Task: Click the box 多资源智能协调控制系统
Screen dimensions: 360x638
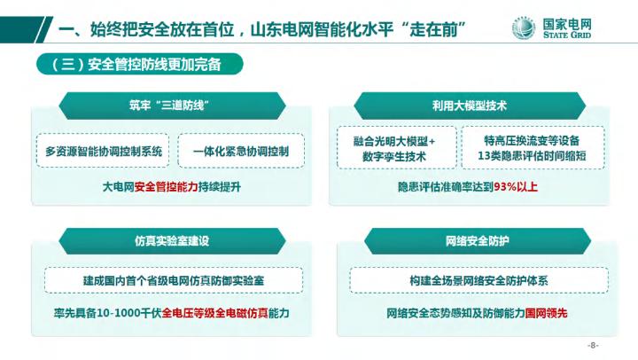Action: click(x=104, y=152)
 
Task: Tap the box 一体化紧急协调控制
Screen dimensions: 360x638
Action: click(x=240, y=152)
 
